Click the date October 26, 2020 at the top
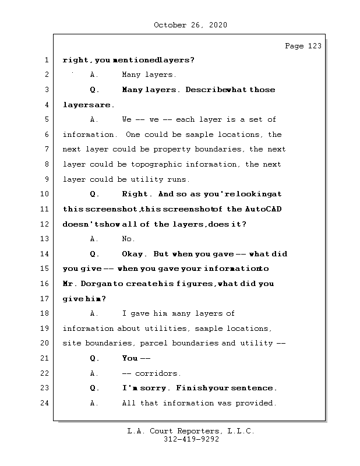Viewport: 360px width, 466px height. [190, 25]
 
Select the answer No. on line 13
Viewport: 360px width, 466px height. [128, 239]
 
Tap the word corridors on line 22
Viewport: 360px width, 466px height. [158, 373]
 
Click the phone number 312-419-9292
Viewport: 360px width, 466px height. [191, 440]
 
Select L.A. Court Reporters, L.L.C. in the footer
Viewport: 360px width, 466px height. [191, 431]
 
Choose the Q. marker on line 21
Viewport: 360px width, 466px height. [94, 358]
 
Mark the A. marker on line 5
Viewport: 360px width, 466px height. [94, 119]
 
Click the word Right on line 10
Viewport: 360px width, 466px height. [136, 194]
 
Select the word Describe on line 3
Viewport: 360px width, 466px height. [205, 90]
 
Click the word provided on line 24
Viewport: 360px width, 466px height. [256, 403]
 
